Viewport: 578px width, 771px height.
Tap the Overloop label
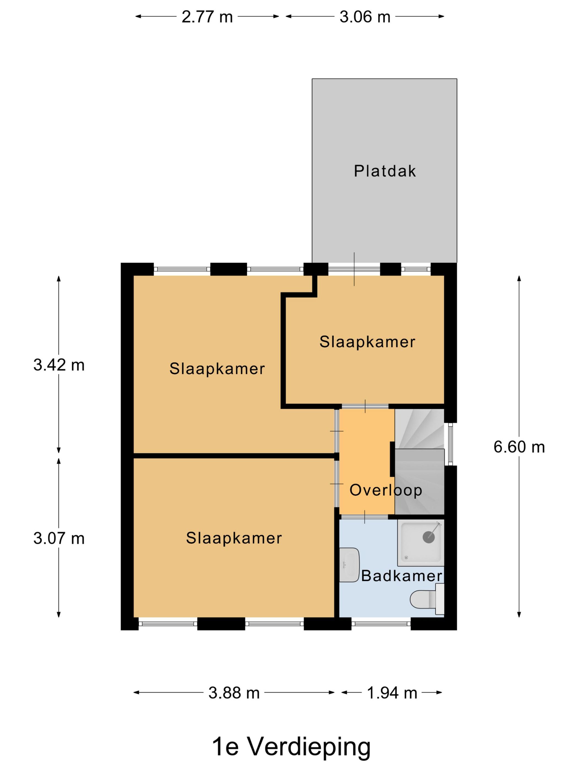click(x=386, y=490)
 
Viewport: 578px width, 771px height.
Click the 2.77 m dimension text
click(x=207, y=17)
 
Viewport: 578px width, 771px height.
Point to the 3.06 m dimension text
click(x=365, y=17)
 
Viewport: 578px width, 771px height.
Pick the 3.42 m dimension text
click(x=59, y=365)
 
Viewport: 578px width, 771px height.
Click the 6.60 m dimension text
click(x=519, y=447)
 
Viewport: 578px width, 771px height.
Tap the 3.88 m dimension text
click(x=234, y=693)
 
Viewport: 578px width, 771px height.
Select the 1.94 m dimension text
click(x=392, y=693)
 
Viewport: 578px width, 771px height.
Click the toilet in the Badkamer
click(x=427, y=599)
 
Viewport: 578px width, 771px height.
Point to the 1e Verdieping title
click(x=291, y=746)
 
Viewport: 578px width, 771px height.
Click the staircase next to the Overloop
click(x=419, y=461)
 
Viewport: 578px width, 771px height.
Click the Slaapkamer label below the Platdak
click(x=367, y=342)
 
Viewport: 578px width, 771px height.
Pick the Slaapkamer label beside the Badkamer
click(x=234, y=538)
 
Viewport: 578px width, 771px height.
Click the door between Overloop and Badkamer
click(x=364, y=517)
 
